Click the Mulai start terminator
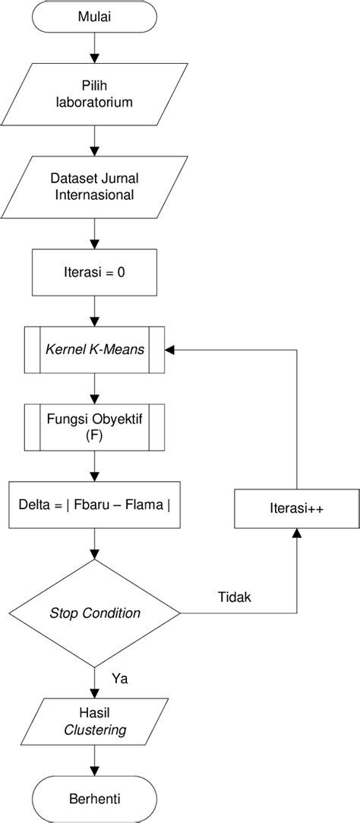(94, 17)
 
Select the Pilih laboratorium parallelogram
(94, 94)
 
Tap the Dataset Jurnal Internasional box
(94, 187)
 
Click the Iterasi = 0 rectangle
(94, 272)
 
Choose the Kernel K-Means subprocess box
(94, 350)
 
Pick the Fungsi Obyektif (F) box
(94, 427)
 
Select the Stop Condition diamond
(94, 613)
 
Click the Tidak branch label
(234, 597)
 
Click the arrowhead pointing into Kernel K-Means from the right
(169, 350)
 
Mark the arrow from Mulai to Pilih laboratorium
(94, 48)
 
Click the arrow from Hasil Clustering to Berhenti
(94, 761)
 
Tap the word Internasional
(94, 195)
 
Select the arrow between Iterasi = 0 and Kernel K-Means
(94, 310)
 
